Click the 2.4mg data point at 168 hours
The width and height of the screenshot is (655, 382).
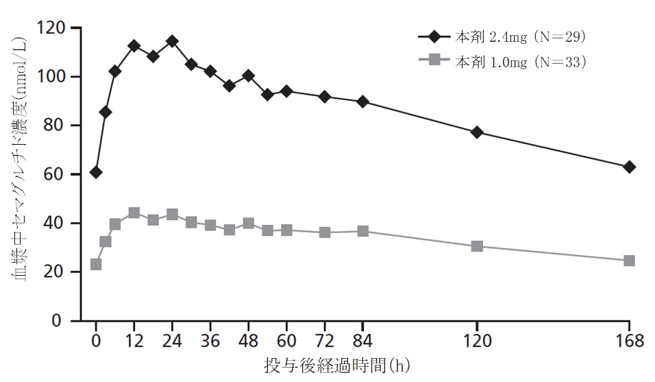[629, 167]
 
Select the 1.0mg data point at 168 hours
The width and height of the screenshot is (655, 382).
[629, 261]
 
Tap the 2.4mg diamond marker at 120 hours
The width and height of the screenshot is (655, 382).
[477, 132]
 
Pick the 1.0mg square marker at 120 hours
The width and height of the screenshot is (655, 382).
[477, 246]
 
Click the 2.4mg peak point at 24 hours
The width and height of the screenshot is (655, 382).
[172, 41]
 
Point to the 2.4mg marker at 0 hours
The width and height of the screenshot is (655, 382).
[96, 172]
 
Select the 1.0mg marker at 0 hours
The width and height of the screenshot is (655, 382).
[96, 264]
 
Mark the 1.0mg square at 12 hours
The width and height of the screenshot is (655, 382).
[134, 213]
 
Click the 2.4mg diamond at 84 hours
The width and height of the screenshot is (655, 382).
[363, 102]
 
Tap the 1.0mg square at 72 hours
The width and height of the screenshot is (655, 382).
[325, 232]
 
